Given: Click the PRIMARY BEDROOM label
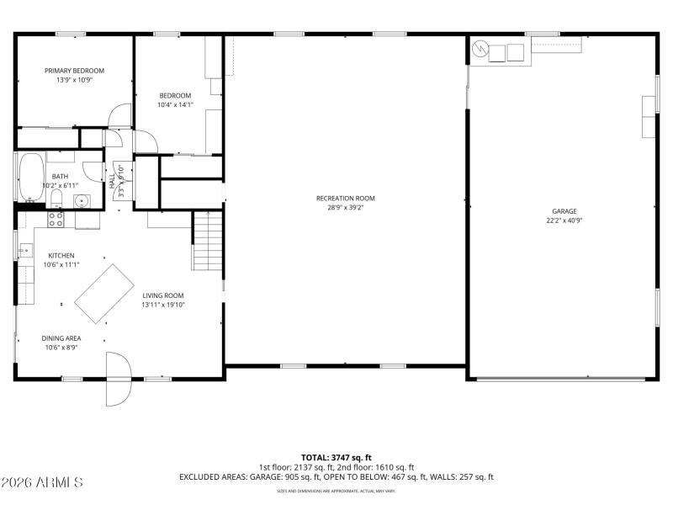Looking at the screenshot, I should [74, 71].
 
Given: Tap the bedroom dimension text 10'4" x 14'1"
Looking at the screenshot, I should [175, 105].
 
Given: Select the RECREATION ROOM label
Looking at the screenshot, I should [345, 199].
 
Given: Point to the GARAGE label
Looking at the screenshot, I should [564, 212].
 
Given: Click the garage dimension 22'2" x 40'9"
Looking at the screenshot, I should [564, 221].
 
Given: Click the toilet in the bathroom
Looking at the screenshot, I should [56, 199].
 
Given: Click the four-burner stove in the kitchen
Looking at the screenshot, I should [56, 220].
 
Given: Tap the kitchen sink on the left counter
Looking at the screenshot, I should [24, 250].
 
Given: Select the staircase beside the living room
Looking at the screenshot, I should [207, 241].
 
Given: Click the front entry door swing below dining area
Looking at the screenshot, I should [119, 379].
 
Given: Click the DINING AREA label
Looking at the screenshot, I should [61, 338].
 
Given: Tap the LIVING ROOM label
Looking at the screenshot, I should [162, 295].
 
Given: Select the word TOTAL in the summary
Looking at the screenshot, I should [316, 457].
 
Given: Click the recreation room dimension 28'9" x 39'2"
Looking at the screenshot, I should [345, 208].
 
